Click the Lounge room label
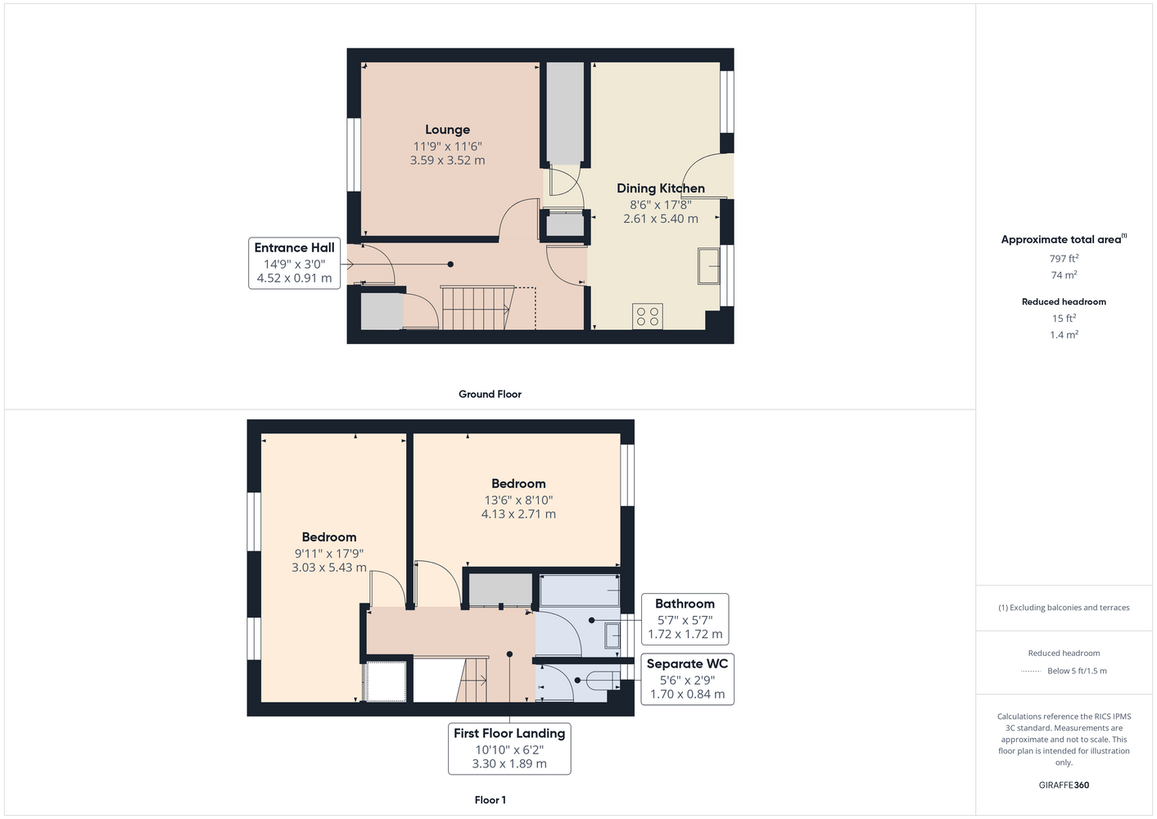point(447,129)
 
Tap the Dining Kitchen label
point(661,188)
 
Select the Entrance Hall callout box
point(295,263)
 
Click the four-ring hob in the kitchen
point(647,315)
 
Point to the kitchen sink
point(708,266)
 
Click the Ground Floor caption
point(490,394)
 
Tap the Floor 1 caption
point(490,800)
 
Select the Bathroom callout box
point(685,619)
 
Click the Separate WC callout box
point(688,679)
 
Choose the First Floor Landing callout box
point(509,749)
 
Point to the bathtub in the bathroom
point(580,590)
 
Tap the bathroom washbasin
point(612,636)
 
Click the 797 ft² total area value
point(1064,258)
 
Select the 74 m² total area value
point(1064,275)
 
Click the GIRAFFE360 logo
point(1064,785)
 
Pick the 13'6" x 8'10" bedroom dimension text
point(518,500)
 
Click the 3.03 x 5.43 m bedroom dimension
point(329,568)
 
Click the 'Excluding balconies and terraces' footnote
point(1064,608)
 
